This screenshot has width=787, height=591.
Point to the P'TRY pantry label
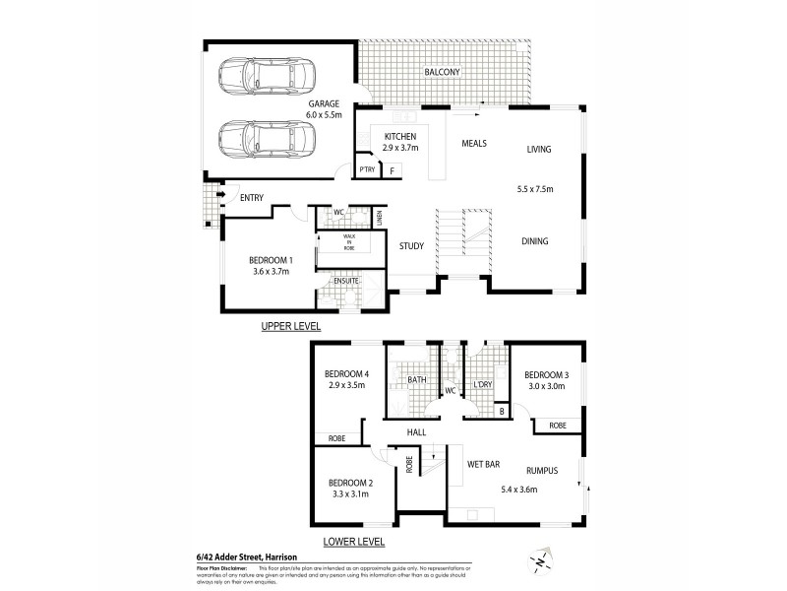[x=367, y=170]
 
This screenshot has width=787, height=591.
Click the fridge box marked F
[x=393, y=171]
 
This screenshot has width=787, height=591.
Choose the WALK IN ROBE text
[x=349, y=242]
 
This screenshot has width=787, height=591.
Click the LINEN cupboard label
[x=379, y=214]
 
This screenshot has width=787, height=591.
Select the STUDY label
[x=411, y=247]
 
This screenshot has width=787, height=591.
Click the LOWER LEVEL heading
[x=353, y=541]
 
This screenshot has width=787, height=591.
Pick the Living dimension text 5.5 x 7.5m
[x=538, y=188]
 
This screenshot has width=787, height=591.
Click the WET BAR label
[x=478, y=461]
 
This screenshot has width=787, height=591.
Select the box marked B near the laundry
[x=501, y=410]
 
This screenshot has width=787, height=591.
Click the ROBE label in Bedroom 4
[x=328, y=439]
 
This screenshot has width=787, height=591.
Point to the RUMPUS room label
[x=542, y=471]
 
